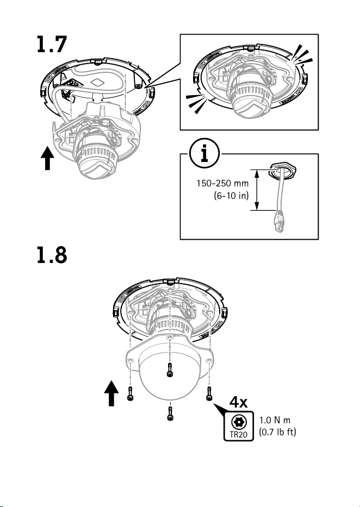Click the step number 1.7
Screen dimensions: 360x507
tap(52, 45)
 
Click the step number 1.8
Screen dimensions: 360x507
tap(52, 255)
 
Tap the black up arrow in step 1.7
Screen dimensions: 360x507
tap(47, 158)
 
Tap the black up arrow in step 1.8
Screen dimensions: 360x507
tap(111, 393)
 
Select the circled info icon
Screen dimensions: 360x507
tap(204, 153)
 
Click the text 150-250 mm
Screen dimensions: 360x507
tap(222, 183)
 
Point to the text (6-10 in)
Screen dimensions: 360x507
tap(231, 195)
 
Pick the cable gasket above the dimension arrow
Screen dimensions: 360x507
tap(282, 170)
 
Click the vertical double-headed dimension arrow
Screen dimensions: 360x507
tap(257, 190)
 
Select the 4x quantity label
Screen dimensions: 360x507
tap(238, 402)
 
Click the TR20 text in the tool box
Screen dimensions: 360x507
tap(238, 434)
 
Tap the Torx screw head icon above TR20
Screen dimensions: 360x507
tap(239, 422)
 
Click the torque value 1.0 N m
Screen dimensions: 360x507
tap(275, 420)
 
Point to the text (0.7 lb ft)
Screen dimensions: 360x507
tap(277, 431)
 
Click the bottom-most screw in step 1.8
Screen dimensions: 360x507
tap(170, 414)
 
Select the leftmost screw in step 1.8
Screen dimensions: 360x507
tap(130, 393)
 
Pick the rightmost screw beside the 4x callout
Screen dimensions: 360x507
tap(209, 393)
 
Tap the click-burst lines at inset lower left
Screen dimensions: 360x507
tap(197, 103)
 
